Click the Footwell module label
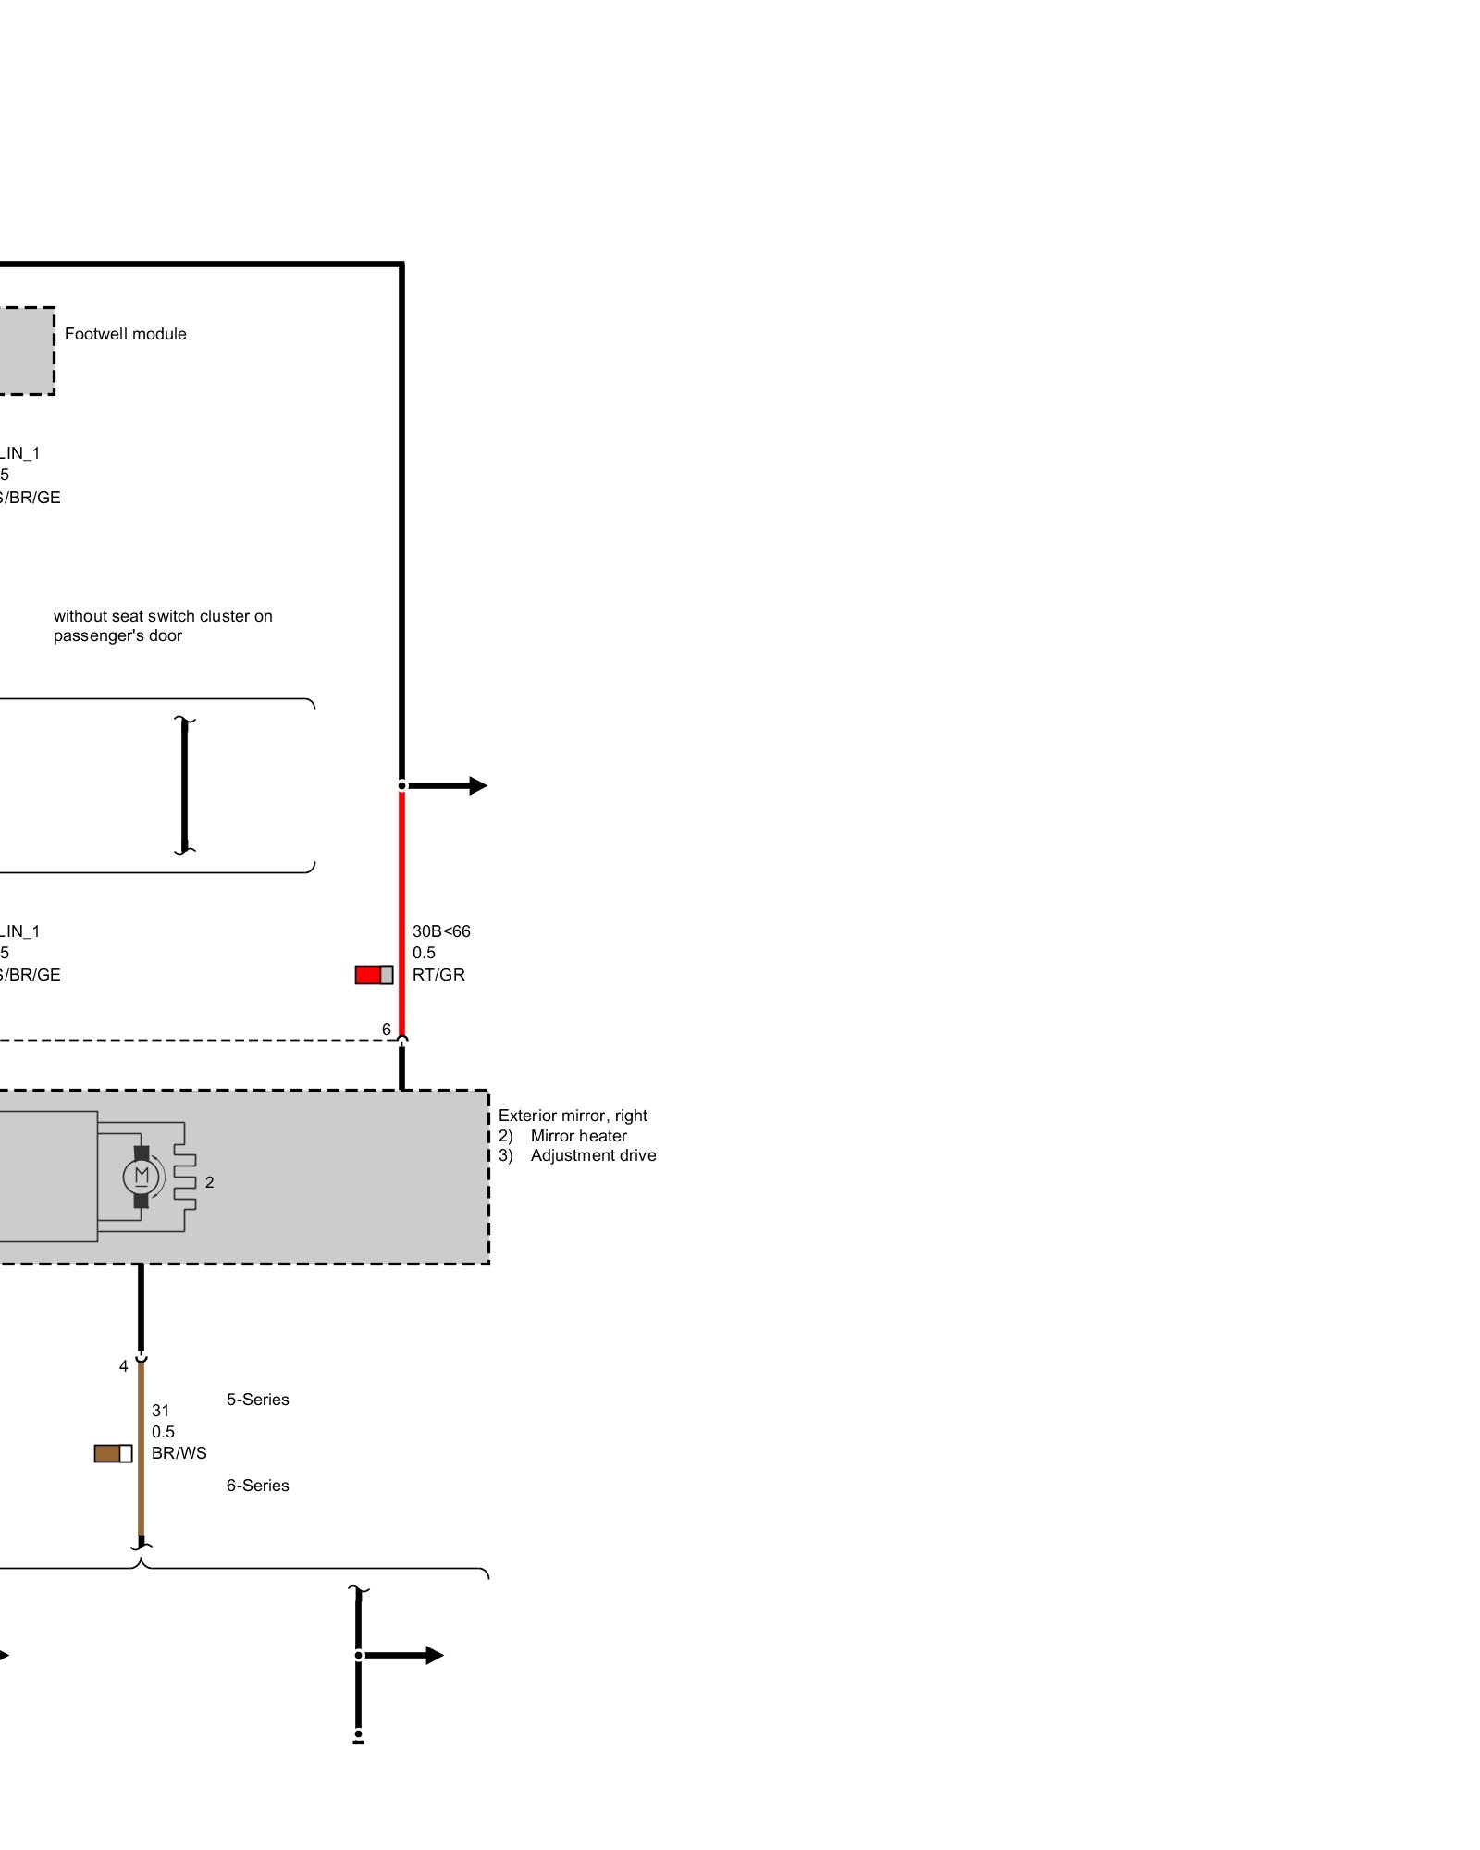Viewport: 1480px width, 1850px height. (125, 334)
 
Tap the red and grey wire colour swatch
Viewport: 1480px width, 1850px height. (374, 974)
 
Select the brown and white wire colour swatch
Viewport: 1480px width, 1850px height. (113, 1453)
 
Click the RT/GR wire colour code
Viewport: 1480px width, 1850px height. (438, 975)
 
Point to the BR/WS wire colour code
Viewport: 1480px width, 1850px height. (179, 1453)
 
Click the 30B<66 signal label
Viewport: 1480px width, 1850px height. (441, 931)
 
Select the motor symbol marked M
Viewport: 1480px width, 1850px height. (142, 1177)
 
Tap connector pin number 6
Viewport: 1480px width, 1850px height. (387, 1030)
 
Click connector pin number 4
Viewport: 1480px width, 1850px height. (124, 1366)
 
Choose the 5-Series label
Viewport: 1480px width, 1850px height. (257, 1400)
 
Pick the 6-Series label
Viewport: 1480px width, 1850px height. (257, 1486)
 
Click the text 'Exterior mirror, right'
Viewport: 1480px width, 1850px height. (573, 1116)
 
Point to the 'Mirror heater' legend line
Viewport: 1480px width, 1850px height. (578, 1136)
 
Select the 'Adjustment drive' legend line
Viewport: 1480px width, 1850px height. (593, 1155)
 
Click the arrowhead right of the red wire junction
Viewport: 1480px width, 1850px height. (477, 786)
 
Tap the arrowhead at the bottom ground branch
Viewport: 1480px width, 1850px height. (435, 1656)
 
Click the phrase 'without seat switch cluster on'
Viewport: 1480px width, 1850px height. (163, 616)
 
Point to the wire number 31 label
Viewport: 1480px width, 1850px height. (161, 1411)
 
